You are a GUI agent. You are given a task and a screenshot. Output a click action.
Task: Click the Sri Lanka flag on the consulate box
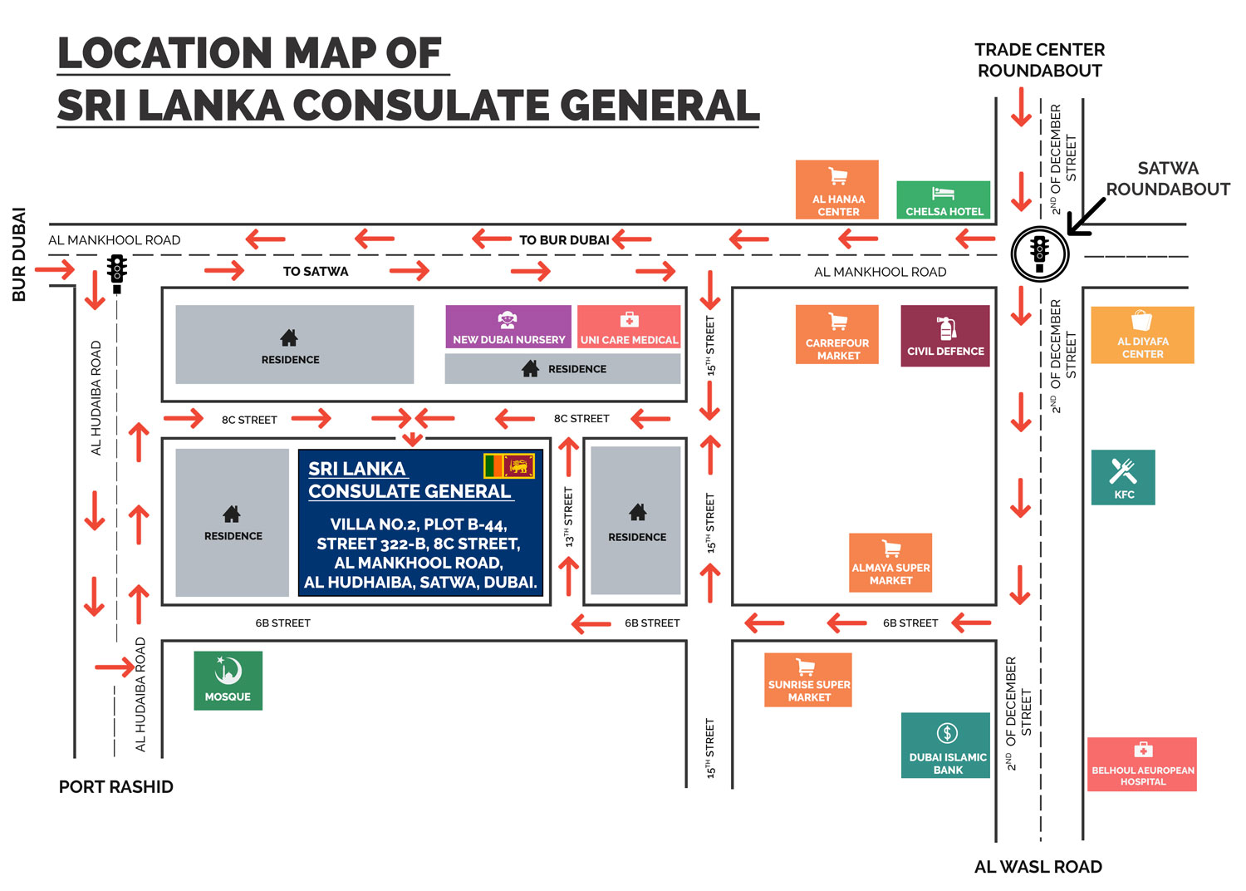click(509, 465)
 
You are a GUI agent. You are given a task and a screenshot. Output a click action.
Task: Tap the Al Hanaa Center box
click(837, 190)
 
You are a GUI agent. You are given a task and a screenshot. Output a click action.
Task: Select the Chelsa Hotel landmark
click(944, 200)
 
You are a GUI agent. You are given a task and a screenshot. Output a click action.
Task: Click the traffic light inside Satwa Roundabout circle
click(1039, 253)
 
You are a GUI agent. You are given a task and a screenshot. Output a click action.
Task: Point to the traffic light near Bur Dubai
click(117, 273)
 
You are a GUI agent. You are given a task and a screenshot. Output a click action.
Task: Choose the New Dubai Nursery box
click(508, 327)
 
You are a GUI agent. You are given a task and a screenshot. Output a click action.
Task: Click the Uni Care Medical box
click(629, 327)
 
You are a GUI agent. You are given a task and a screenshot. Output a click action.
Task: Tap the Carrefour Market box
click(837, 334)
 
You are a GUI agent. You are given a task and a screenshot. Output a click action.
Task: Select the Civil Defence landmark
click(945, 336)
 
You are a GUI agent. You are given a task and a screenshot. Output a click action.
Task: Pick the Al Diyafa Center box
click(1142, 335)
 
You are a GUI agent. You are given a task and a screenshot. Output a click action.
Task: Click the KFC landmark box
click(1123, 477)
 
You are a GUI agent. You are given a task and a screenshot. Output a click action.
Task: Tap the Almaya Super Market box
click(890, 563)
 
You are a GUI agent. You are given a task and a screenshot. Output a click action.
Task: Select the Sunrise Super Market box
click(808, 680)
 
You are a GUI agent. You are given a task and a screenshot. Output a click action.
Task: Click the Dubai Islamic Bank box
click(946, 746)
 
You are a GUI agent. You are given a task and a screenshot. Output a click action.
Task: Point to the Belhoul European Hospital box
click(1142, 765)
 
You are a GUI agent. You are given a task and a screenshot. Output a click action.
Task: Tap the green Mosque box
click(228, 681)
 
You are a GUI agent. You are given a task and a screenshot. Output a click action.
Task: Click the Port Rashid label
click(116, 787)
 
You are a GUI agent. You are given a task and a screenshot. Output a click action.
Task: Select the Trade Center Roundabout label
click(1039, 61)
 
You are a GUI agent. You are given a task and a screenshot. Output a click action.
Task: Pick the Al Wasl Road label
click(1038, 867)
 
